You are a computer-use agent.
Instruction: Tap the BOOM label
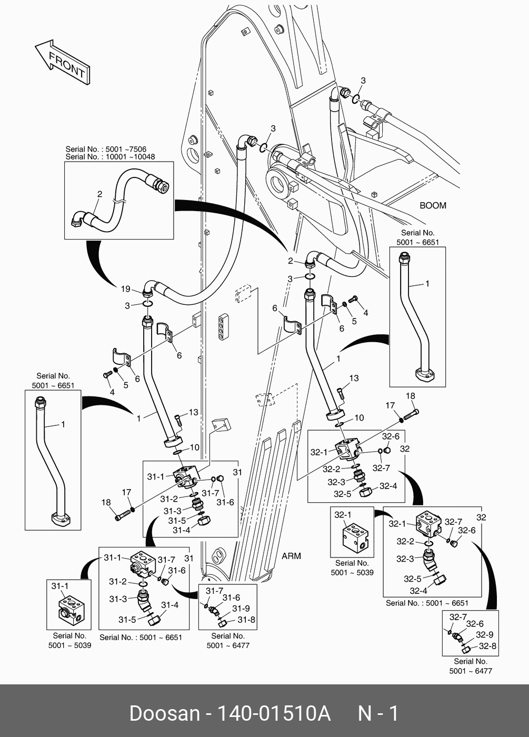click(x=433, y=205)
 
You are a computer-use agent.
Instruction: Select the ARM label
click(x=291, y=556)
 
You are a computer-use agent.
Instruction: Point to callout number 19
click(x=125, y=288)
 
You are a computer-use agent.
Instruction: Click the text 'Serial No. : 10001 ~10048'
click(x=111, y=157)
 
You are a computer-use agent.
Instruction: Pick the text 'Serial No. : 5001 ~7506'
click(x=106, y=149)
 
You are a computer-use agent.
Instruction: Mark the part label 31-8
click(x=246, y=620)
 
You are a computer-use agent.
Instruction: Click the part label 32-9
click(x=484, y=634)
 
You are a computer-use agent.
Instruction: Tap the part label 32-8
click(x=487, y=646)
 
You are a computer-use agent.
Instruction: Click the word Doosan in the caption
click(x=164, y=714)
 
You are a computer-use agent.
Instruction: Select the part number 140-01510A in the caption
click(x=274, y=714)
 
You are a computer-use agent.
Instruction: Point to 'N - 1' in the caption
click(x=378, y=714)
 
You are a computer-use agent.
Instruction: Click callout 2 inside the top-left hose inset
click(x=99, y=194)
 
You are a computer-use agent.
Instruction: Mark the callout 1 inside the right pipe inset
click(x=427, y=284)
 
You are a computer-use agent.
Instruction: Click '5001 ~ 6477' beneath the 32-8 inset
click(x=470, y=671)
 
